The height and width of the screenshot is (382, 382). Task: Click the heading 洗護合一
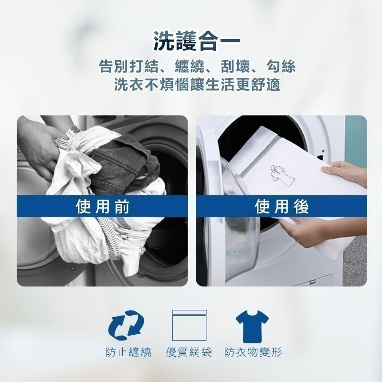pos(191,42)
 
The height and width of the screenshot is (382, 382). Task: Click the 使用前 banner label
pos(103,206)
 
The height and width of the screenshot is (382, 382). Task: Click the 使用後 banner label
pos(282,206)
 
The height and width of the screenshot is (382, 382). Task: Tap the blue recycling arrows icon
pos(127,323)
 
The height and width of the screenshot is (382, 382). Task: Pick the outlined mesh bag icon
pos(190,324)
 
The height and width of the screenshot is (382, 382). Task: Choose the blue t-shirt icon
pos(253,324)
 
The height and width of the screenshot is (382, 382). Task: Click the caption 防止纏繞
pos(128,353)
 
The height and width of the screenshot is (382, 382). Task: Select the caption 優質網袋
pos(191,353)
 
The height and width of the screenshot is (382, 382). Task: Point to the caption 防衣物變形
pos(254,353)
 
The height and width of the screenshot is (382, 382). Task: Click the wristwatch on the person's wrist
pos(72,132)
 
